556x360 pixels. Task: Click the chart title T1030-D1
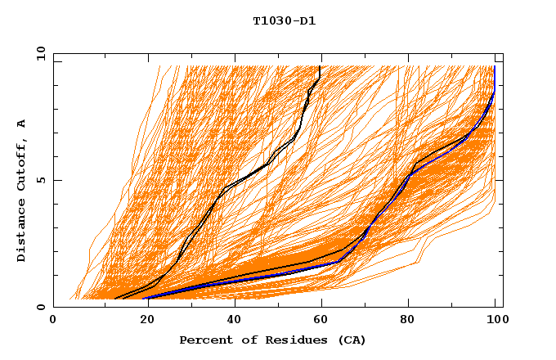pyautogui.click(x=284, y=20)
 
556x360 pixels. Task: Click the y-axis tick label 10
pyautogui.click(x=39, y=53)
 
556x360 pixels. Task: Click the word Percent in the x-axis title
pyautogui.click(x=202, y=340)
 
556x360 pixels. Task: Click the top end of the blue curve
pyautogui.click(x=495, y=66)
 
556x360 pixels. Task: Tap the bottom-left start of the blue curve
pyautogui.click(x=144, y=298)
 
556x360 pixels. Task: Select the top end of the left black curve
pyautogui.click(x=320, y=66)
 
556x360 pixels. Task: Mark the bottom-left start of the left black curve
pyautogui.click(x=115, y=299)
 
